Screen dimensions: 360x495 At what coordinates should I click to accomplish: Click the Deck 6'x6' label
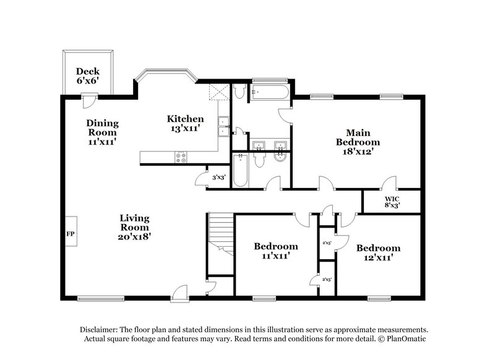tap(87, 75)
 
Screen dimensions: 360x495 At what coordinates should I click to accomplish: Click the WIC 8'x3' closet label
tap(392, 202)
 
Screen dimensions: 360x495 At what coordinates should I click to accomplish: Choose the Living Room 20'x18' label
tap(135, 226)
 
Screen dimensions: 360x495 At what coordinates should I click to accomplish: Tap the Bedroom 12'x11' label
tap(378, 252)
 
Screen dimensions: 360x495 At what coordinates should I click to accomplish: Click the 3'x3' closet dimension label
tap(218, 177)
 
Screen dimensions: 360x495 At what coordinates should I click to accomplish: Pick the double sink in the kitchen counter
tap(223, 126)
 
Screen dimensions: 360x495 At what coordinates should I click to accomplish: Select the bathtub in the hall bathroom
tap(241, 171)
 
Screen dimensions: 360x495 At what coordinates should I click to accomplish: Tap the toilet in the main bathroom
tap(239, 92)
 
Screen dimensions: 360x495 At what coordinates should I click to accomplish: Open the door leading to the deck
tap(90, 99)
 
